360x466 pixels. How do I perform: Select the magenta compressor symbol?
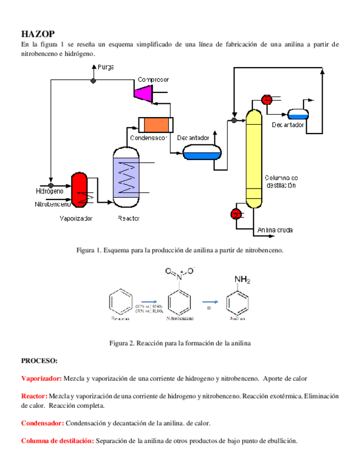coord(144,93)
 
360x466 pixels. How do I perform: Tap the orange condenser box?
coord(154,125)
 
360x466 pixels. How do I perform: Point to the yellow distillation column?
coord(253,158)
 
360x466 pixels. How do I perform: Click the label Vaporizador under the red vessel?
coord(76,218)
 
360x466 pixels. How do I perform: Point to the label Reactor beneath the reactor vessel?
coord(129,218)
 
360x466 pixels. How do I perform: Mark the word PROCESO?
coord(39,361)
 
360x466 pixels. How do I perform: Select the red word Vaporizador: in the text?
coord(42,379)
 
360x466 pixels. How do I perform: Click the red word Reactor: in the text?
coord(34,396)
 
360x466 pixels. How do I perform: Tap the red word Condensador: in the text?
coord(43,423)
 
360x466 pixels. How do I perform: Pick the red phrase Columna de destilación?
coord(57,441)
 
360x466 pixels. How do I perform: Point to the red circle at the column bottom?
coord(236,213)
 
